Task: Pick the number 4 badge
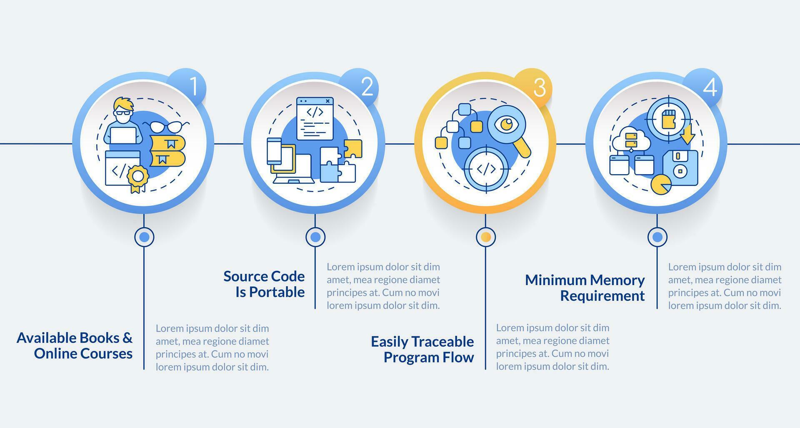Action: tap(706, 87)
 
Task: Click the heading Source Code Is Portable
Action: tap(264, 284)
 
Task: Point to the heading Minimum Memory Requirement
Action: tap(585, 288)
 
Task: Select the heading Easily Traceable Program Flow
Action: tap(422, 349)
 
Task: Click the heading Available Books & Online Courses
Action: tap(75, 345)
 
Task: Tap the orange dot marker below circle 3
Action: tap(485, 237)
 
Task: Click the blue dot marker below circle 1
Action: tap(144, 237)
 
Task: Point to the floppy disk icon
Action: tap(680, 168)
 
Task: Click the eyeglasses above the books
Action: tap(166, 126)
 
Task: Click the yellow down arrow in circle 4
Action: tap(687, 133)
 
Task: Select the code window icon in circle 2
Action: tap(315, 119)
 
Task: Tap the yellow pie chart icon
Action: tap(661, 185)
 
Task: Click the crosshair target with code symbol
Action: tap(486, 169)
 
